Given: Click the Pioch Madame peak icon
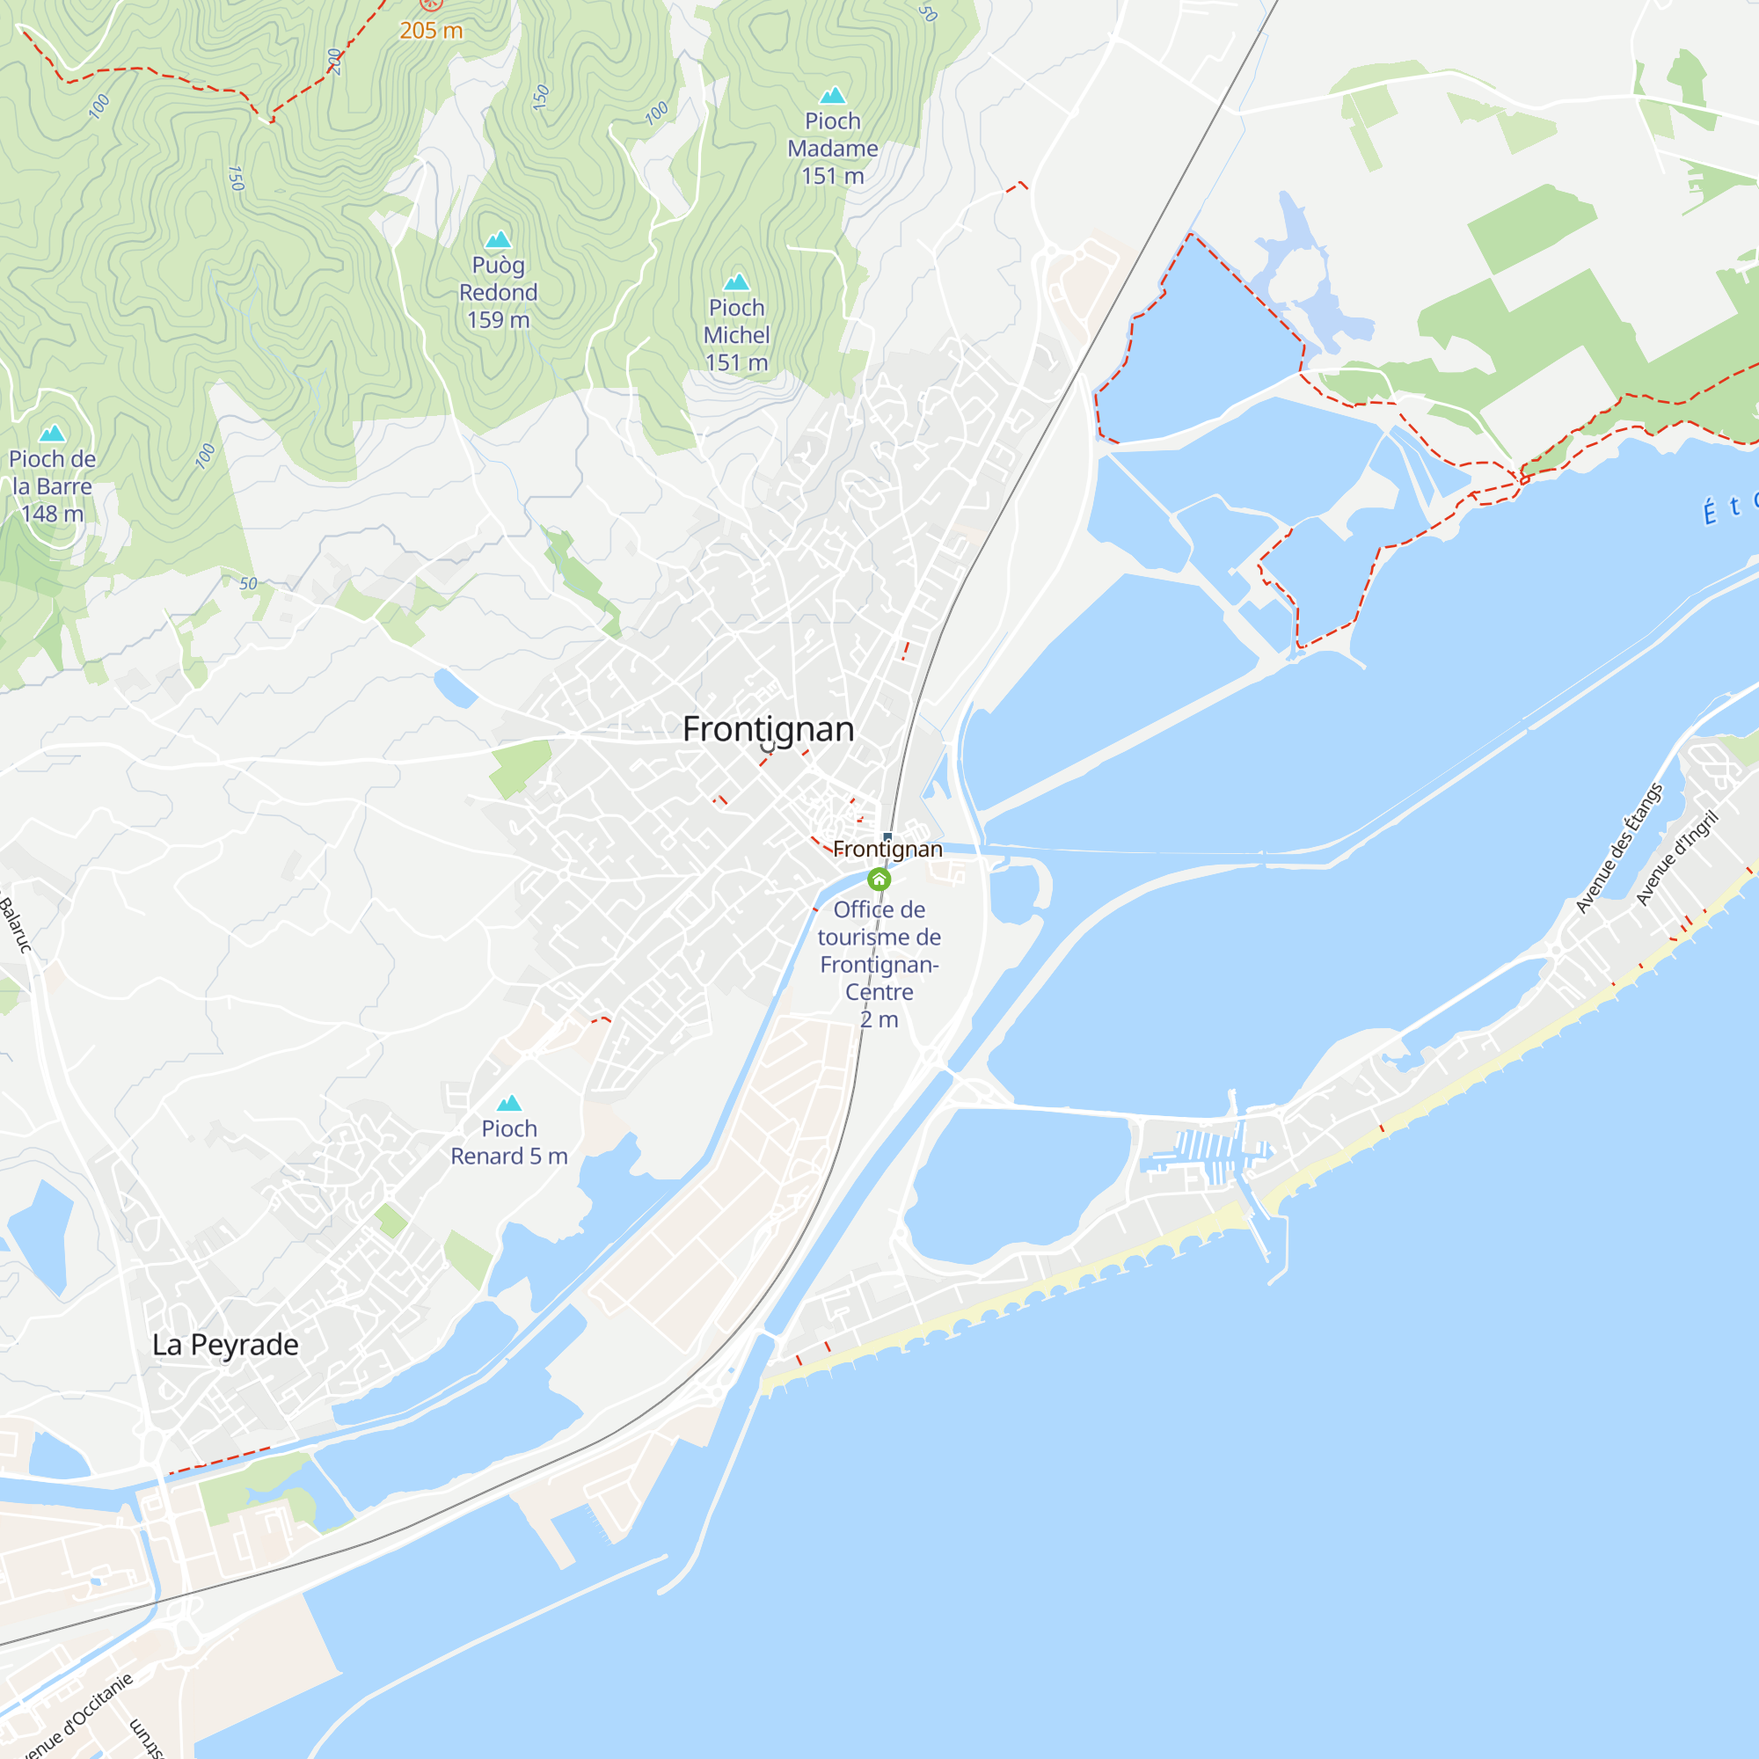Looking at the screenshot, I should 832,96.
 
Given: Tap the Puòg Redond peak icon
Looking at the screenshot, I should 498,240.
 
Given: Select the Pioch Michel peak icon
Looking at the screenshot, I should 736,282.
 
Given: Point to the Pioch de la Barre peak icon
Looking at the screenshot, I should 52,434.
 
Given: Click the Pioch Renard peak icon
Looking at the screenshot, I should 509,1104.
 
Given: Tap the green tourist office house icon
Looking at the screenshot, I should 879,879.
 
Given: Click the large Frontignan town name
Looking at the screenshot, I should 769,729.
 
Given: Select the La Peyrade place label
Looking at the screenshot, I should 225,1345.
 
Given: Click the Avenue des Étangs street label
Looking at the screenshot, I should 1619,848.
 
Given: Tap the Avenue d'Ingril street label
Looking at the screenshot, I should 1676,858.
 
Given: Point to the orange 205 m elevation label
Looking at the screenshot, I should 431,31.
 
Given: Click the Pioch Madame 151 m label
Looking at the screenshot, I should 832,149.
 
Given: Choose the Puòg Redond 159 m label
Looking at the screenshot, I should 498,292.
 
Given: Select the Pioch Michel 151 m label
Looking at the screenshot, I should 736,335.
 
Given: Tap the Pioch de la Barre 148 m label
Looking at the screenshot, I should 52,486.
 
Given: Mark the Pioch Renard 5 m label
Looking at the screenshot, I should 509,1142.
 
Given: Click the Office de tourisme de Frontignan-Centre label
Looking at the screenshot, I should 879,964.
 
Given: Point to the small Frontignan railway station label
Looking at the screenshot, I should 887,850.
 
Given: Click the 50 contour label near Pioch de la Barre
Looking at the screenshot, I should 248,584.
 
